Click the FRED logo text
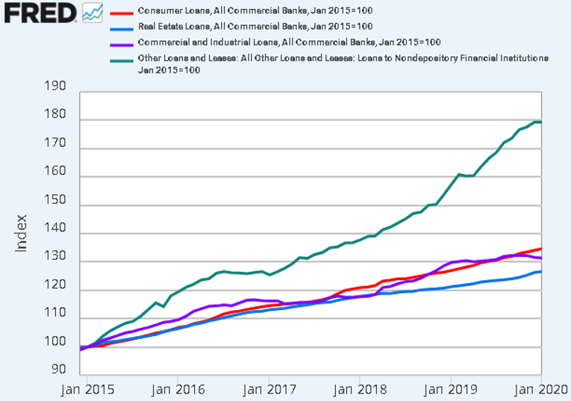tap(39, 12)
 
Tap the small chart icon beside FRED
tap(93, 12)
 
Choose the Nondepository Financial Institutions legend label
tap(343, 57)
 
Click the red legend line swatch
tap(122, 12)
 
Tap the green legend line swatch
tap(122, 57)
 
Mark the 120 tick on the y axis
tap(56, 287)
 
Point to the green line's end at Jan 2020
tap(540, 122)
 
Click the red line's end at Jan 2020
tap(540, 249)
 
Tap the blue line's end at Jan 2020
tap(540, 271)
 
